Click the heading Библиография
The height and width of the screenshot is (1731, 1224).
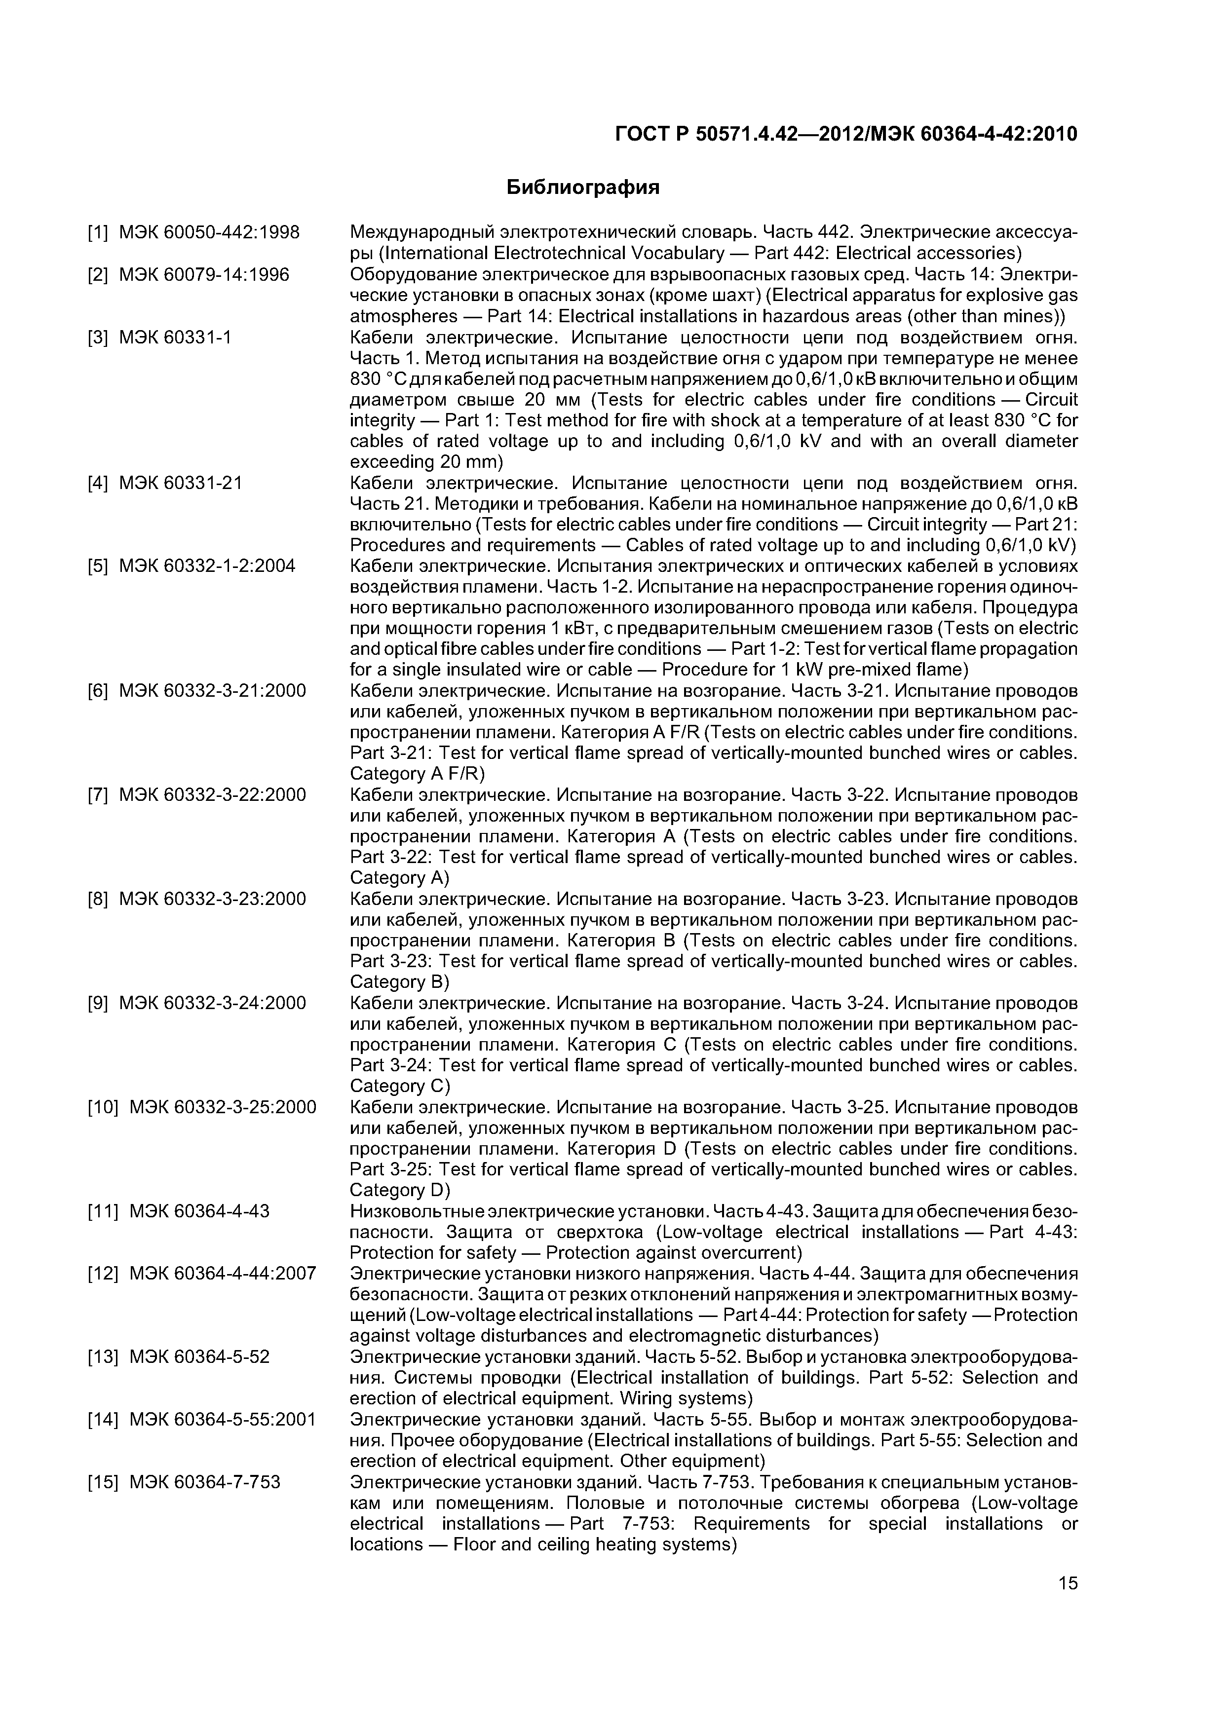point(582,188)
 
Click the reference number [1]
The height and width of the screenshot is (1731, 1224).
point(98,233)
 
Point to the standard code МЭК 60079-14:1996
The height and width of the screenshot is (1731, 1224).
point(204,275)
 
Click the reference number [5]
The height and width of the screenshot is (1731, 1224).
point(98,566)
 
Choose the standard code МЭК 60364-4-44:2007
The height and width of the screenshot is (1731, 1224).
point(223,1274)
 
